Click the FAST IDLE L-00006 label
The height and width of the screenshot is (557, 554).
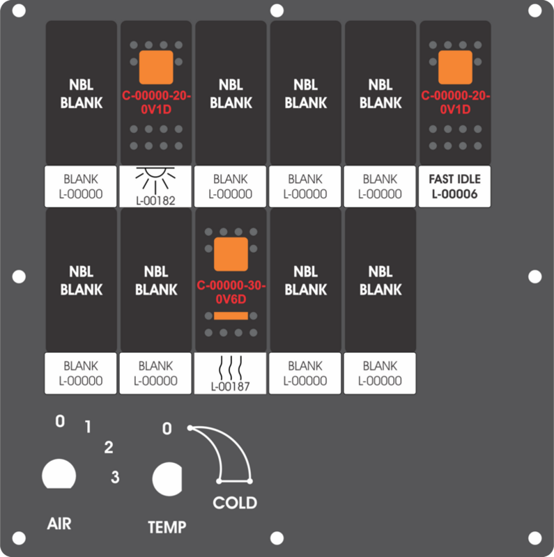tap(454, 187)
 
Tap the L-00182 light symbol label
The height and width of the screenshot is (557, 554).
tap(155, 187)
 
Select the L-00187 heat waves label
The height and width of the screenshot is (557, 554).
tap(230, 373)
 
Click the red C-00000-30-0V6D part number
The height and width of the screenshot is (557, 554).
tap(231, 292)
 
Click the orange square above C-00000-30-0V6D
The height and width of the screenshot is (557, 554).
tap(231, 254)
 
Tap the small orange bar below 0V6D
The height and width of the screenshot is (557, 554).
tap(231, 316)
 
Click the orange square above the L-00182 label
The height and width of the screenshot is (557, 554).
tap(156, 68)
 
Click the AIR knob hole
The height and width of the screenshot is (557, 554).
tap(59, 474)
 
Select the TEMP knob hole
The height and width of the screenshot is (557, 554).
tap(167, 479)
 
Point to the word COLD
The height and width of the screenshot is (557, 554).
tap(235, 503)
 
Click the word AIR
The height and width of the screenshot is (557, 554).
tap(59, 524)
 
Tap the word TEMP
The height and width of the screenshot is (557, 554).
tap(167, 527)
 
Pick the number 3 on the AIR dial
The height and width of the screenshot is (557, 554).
tap(115, 477)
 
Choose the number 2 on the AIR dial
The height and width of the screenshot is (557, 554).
tap(109, 447)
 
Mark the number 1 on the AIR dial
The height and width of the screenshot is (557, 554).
tap(88, 427)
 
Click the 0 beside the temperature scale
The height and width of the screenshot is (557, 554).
tap(167, 429)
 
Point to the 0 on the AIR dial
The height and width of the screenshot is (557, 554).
tap(60, 421)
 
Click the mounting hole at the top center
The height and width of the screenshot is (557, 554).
tap(277, 10)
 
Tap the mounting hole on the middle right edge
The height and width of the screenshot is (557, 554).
tap(534, 276)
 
